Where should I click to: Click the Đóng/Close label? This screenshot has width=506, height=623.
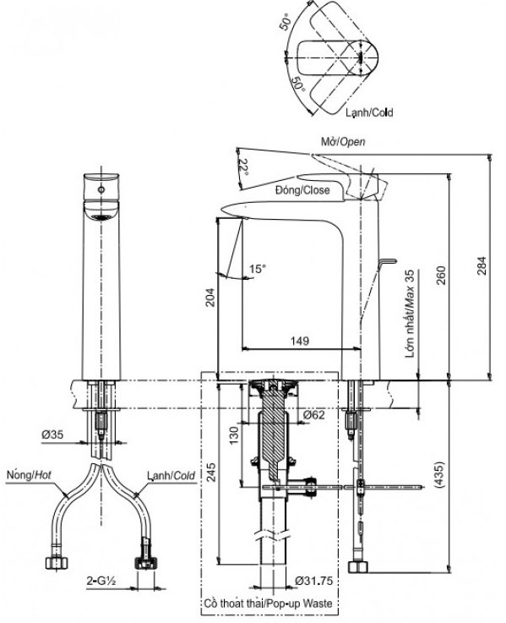point(302,190)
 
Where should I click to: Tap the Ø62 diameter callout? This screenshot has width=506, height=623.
point(313,415)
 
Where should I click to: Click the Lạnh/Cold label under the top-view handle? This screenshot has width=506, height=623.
point(368,112)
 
